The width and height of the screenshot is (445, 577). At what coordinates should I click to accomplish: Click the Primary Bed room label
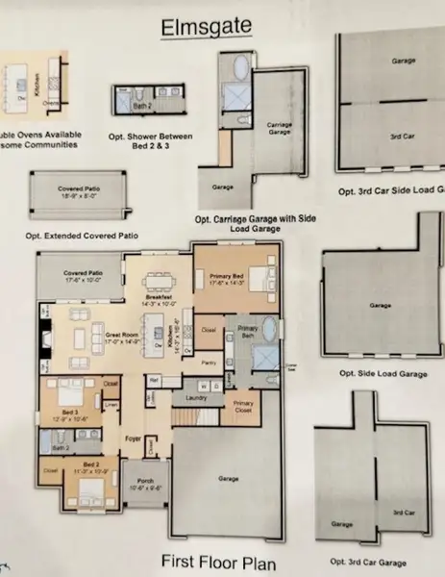pos(228,279)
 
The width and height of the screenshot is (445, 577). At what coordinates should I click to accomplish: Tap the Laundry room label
pos(196,395)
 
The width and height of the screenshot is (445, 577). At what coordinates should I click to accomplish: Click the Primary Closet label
pos(243,405)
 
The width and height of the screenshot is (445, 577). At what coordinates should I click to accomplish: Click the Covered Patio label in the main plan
pos(83,276)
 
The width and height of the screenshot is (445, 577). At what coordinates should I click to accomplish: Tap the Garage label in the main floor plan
pos(227,478)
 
